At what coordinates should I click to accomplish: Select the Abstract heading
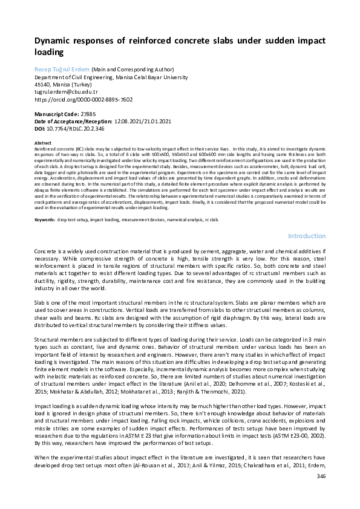coord(42,143)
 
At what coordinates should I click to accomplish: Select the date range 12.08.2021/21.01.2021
coord(143,121)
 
